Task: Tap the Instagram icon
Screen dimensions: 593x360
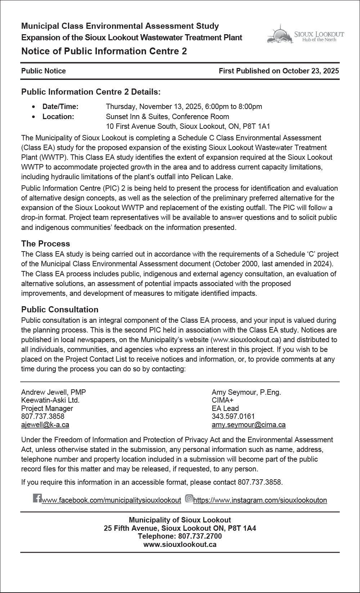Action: tap(189, 498)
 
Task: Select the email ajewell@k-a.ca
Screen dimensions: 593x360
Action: tap(45, 425)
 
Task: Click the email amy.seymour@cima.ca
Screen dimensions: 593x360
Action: tap(248, 425)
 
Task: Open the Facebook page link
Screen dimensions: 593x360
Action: tap(111, 500)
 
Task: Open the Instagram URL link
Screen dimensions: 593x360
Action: tap(260, 500)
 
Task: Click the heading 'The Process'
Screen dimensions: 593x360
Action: tap(45, 244)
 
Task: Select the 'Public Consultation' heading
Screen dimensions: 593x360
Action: tap(60, 309)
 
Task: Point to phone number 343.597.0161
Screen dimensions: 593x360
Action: tap(233, 416)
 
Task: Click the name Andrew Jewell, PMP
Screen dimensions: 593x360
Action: tap(54, 392)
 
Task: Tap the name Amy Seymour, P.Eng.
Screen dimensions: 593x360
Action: tap(246, 392)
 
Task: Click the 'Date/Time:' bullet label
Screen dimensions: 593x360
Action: tap(60, 107)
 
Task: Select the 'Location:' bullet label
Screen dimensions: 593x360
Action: tap(58, 117)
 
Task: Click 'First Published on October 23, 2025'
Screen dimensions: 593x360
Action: tap(279, 71)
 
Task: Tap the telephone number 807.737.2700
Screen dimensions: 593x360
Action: tap(201, 536)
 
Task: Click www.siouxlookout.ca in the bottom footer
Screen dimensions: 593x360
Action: tap(180, 544)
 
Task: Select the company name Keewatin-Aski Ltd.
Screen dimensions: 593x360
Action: tap(50, 400)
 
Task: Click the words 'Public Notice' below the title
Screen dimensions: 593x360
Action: tap(44, 71)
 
